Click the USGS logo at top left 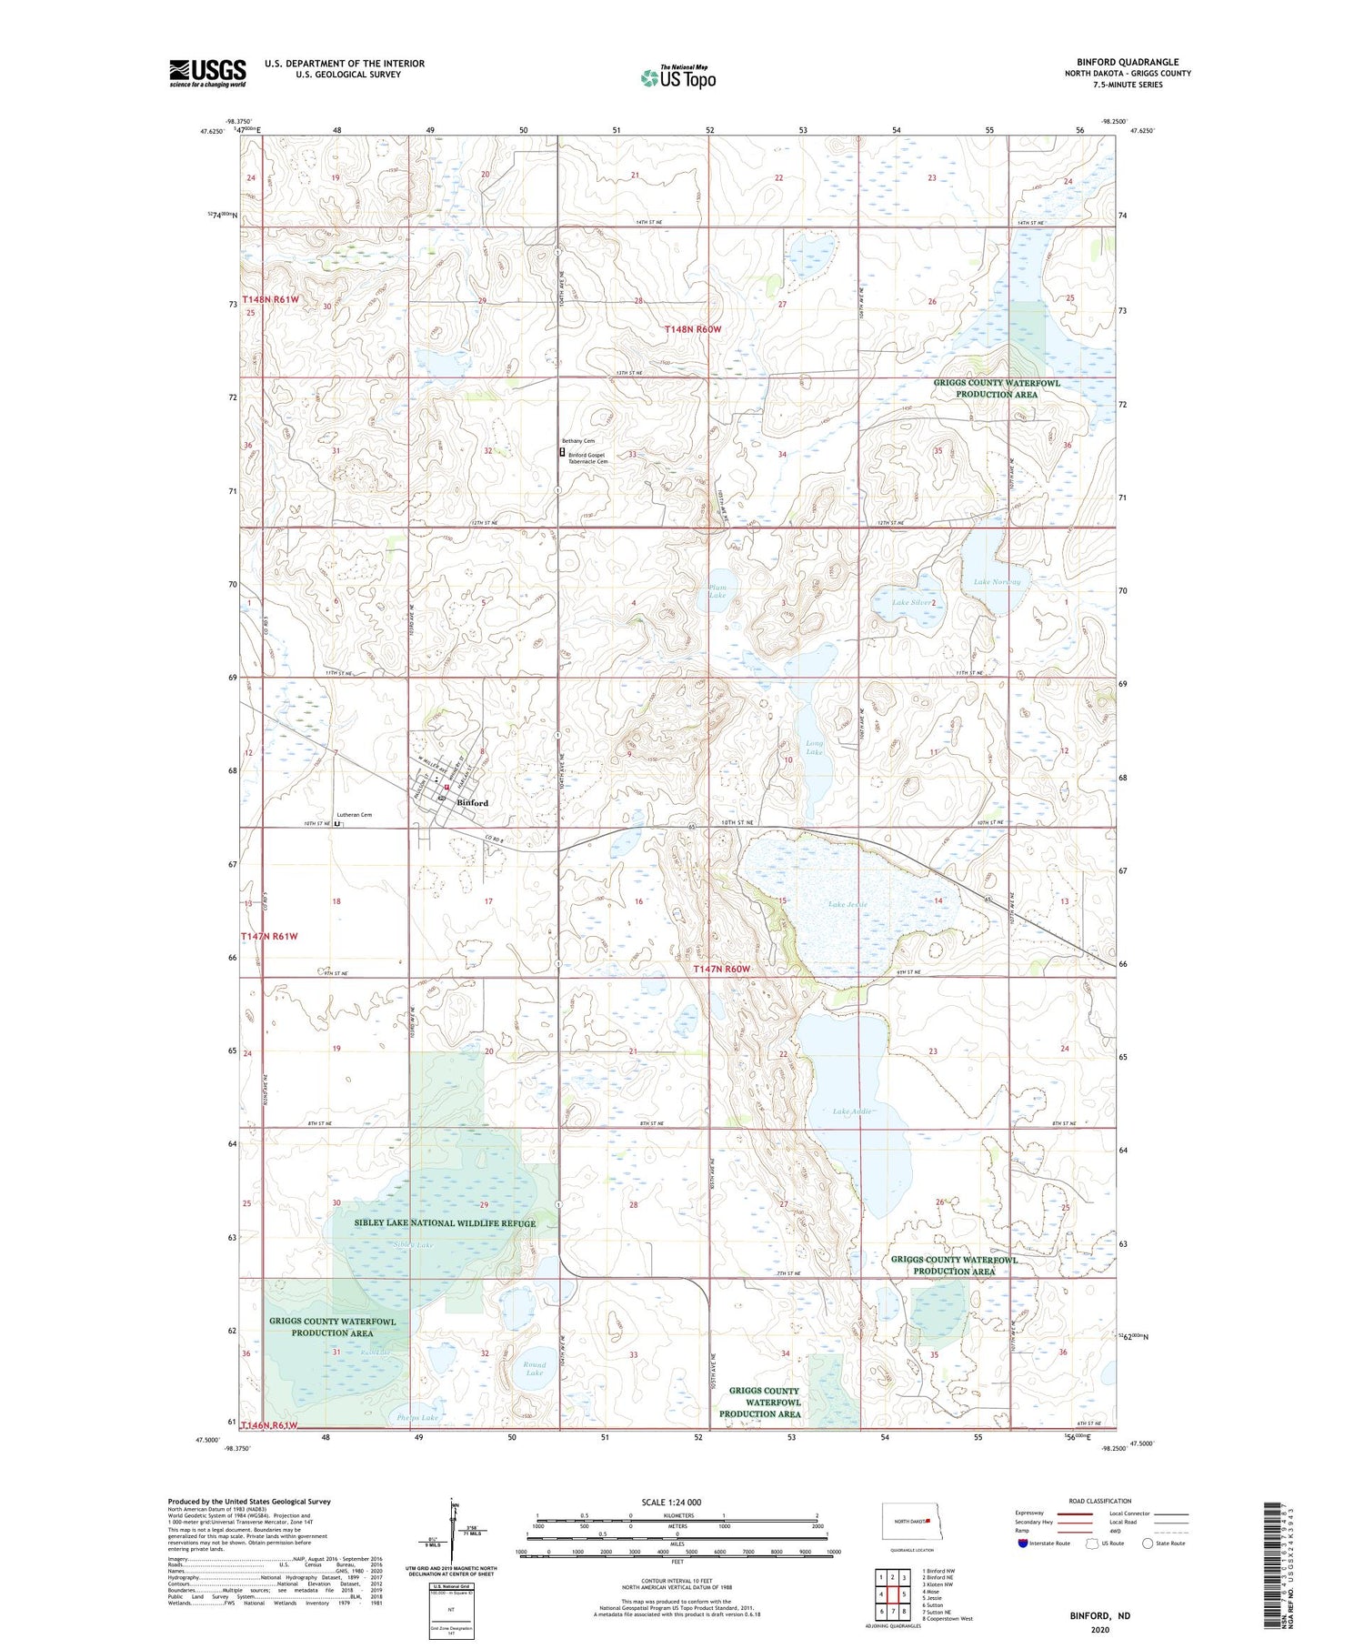[x=207, y=73]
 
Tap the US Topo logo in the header [x=677, y=78]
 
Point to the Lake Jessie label [x=847, y=905]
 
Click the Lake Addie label [x=853, y=1111]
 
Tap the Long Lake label [x=814, y=748]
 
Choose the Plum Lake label [x=717, y=591]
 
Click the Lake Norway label [x=997, y=582]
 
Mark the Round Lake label [x=535, y=1369]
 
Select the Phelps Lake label [x=417, y=1418]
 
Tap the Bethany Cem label [x=577, y=441]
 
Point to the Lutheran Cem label [x=354, y=815]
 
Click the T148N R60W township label [x=692, y=329]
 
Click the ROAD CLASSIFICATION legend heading [x=1100, y=1501]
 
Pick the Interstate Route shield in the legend [x=1023, y=1543]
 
